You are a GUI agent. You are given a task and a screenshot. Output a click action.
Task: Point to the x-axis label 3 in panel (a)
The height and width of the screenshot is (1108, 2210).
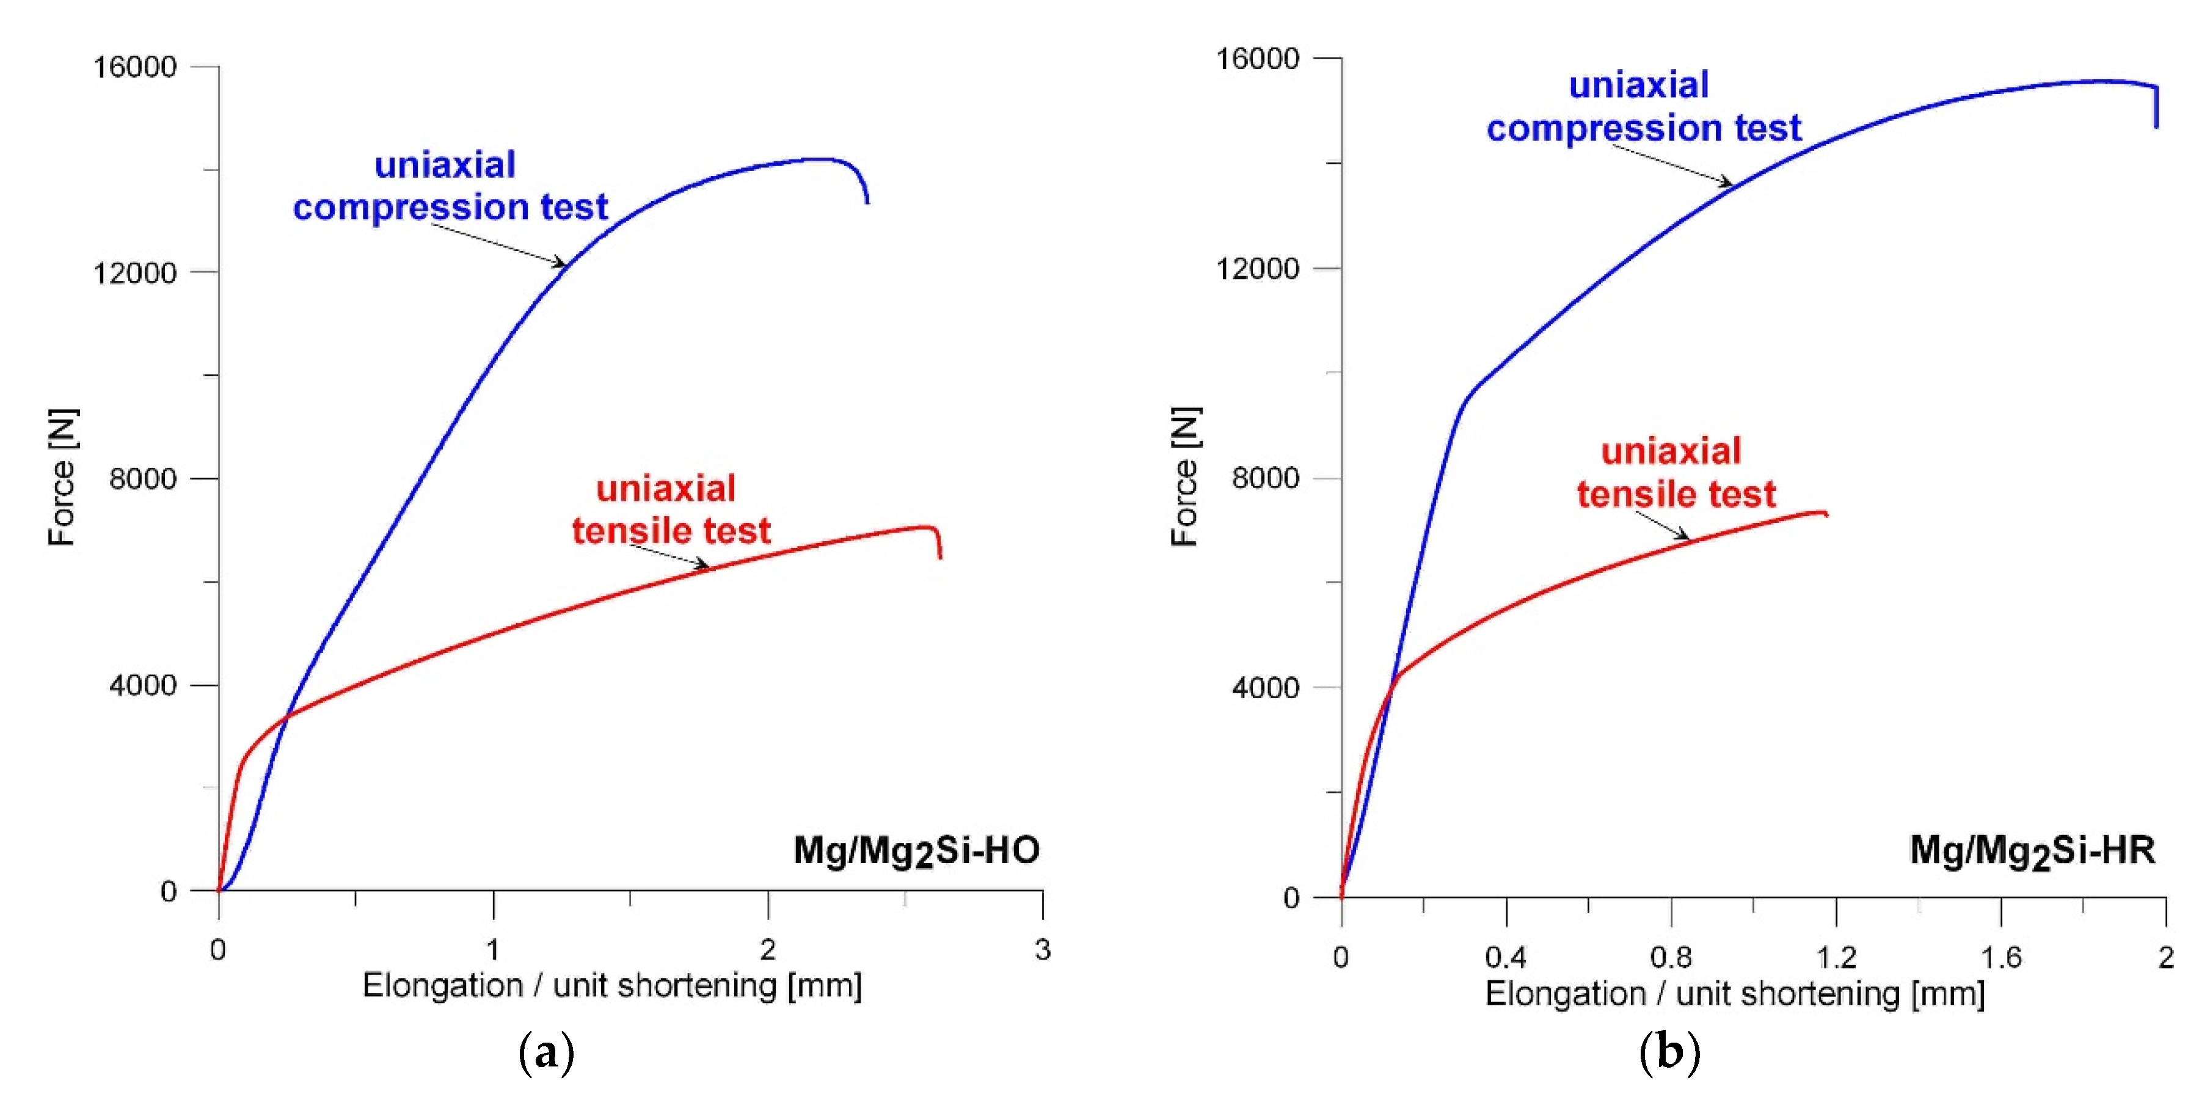tap(1042, 949)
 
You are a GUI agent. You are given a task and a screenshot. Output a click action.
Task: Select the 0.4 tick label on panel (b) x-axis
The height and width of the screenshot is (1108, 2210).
tap(1506, 957)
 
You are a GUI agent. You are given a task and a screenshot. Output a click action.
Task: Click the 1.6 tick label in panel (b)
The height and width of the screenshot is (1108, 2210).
tap(2000, 957)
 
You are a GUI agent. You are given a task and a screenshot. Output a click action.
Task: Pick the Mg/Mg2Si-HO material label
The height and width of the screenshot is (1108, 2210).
tap(916, 851)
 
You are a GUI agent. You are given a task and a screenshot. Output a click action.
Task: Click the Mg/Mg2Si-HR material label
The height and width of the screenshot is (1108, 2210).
tap(2032, 851)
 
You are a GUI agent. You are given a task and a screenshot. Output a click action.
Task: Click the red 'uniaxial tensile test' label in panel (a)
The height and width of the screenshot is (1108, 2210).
tap(670, 509)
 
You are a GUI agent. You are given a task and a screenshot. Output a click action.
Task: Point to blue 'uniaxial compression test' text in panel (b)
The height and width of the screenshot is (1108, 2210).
tap(1643, 106)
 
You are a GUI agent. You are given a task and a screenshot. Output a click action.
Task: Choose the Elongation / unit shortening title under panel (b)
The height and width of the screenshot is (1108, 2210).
tap(1735, 994)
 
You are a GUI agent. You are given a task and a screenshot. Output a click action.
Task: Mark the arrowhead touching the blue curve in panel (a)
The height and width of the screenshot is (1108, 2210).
tap(561, 263)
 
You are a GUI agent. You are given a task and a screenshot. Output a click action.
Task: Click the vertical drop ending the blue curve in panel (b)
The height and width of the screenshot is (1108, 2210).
tap(2156, 108)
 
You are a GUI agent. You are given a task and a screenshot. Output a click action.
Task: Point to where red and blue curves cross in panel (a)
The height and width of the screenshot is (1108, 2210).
tap(286, 716)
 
